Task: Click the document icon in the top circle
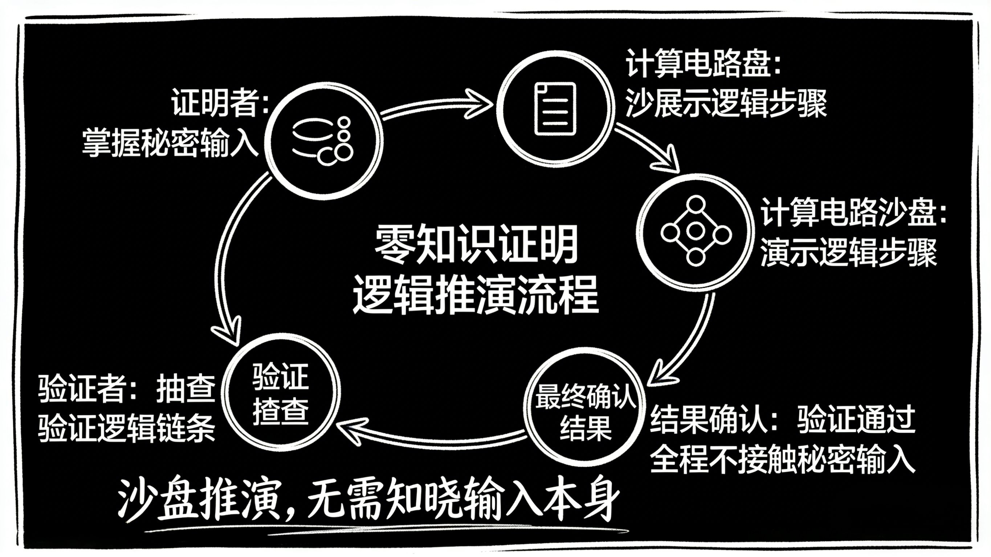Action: (x=555, y=109)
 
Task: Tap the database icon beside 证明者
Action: (x=323, y=141)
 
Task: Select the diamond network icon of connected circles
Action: (x=696, y=231)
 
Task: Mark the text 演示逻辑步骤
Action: (x=849, y=254)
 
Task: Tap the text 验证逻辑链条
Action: (x=127, y=429)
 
